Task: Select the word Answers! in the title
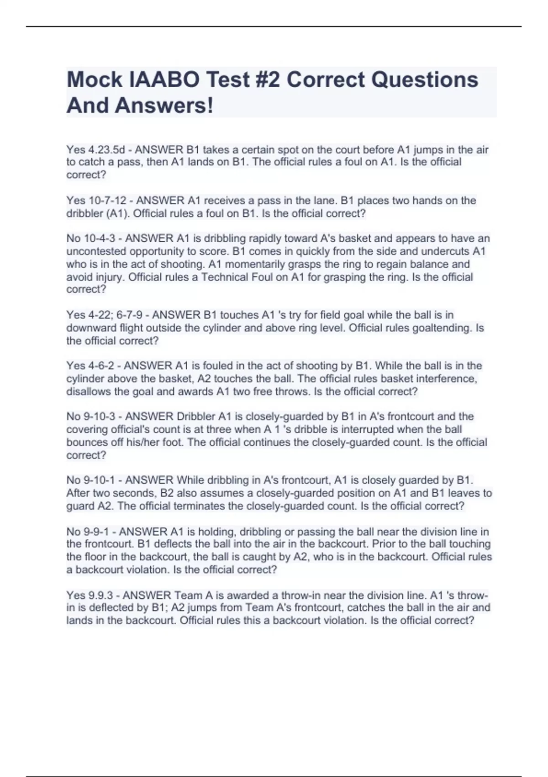pos(164,106)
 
